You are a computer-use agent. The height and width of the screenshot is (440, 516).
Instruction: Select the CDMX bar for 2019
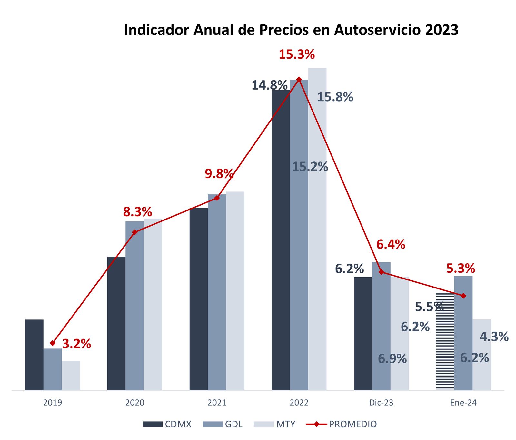point(34,355)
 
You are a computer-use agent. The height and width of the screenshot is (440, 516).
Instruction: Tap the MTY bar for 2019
point(71,376)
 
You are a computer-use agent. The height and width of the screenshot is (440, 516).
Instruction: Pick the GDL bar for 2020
point(134,306)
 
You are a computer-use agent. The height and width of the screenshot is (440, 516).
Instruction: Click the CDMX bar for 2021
point(199,300)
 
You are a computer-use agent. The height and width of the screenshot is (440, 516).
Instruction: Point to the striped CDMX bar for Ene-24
point(445,342)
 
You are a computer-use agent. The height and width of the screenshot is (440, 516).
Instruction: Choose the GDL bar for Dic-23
point(381,326)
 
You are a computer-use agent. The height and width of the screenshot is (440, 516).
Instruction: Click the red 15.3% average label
point(297,55)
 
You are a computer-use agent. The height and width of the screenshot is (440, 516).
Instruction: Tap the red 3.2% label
point(76,344)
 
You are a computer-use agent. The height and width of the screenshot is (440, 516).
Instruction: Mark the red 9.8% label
point(219,174)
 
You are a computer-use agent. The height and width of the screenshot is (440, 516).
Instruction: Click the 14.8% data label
point(269,85)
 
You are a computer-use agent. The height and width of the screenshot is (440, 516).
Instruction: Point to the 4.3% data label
point(494,337)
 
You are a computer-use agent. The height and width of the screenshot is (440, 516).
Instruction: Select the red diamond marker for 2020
point(135,232)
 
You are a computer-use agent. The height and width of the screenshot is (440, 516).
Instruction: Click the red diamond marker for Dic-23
point(381,272)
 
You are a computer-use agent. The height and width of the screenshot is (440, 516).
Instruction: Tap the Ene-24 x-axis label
point(463,403)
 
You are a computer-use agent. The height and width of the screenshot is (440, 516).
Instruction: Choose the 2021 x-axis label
point(217,403)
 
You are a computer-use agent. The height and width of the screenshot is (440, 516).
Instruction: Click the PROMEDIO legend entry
point(352,424)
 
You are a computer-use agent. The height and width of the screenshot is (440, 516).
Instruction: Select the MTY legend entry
point(285,424)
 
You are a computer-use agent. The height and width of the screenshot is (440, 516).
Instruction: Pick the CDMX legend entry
point(178,424)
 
